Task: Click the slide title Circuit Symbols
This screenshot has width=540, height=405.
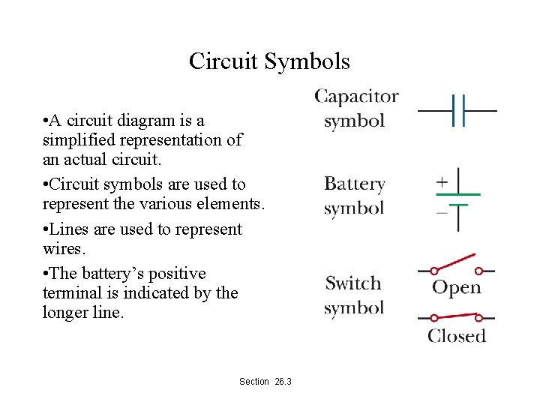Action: click(269, 61)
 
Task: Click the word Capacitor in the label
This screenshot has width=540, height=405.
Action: click(356, 97)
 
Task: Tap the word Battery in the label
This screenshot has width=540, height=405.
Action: click(354, 184)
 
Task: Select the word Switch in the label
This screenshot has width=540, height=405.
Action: click(353, 283)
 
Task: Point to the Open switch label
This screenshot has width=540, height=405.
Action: click(456, 288)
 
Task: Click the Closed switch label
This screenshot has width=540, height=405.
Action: click(457, 336)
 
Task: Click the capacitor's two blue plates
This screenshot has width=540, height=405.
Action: click(459, 110)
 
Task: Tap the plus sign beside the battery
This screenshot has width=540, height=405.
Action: click(442, 181)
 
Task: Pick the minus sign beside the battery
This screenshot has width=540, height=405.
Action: click(442, 212)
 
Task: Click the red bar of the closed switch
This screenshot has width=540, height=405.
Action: click(456, 318)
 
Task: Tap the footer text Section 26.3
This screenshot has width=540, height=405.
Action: click(265, 382)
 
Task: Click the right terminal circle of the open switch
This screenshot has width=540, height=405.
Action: click(479, 271)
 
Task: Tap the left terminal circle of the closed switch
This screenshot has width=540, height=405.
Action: click(433, 318)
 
